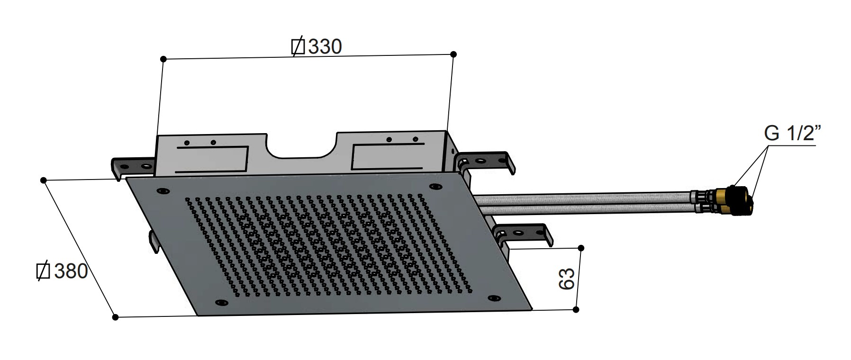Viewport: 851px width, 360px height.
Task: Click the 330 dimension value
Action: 325,46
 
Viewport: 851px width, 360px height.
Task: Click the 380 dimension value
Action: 71,271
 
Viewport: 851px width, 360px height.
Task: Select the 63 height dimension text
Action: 567,279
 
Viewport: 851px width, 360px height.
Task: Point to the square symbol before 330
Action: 299,46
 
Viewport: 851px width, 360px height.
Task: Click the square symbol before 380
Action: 44,271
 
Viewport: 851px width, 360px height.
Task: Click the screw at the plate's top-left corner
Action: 163,191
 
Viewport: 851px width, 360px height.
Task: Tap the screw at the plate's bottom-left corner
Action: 221,302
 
